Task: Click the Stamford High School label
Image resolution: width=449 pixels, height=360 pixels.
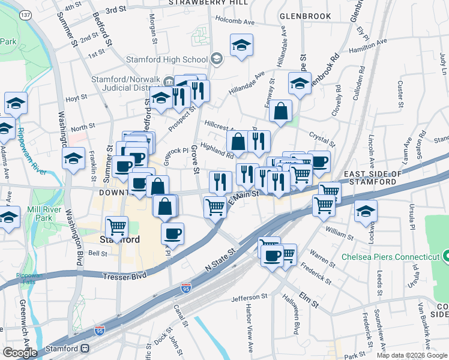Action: [166, 59]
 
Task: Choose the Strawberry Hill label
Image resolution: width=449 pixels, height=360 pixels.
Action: [208, 3]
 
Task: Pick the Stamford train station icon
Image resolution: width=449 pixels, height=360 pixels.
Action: [85, 348]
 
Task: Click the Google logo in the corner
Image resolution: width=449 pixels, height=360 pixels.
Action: [20, 353]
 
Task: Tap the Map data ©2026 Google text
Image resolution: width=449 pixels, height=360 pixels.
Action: [412, 355]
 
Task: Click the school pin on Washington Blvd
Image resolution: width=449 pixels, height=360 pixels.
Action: [73, 159]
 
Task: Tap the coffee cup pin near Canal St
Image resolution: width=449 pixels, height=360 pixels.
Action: [172, 233]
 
